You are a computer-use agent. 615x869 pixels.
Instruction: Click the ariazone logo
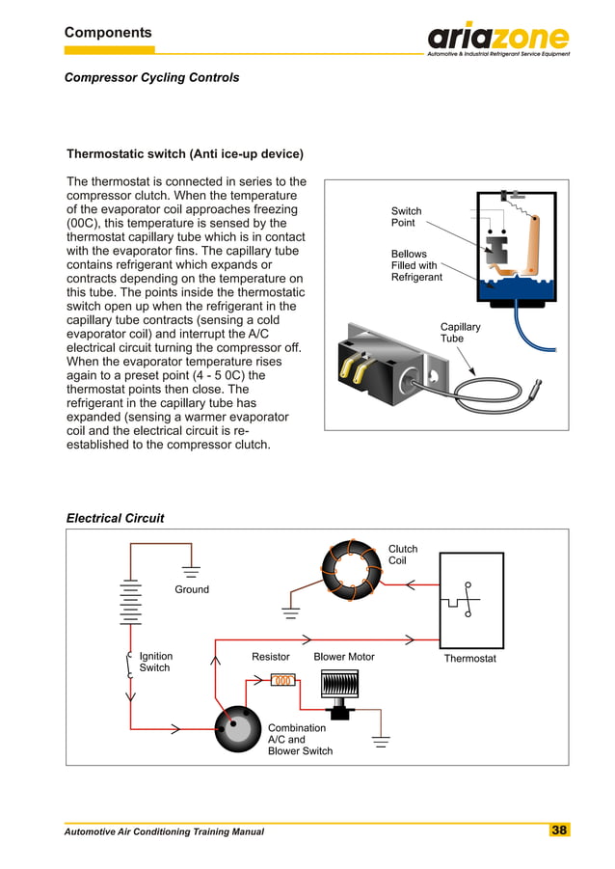pos(497,39)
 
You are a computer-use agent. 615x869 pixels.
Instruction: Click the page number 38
pos(559,830)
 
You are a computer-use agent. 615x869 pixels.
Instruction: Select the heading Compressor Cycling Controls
pos(151,77)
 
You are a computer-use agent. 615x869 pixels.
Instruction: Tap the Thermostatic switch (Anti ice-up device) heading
pos(184,154)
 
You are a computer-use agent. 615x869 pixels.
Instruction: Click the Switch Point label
pos(406,217)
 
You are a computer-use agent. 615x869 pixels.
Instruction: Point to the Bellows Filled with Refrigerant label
pos(416,265)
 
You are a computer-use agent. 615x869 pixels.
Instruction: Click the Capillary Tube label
pos(460,333)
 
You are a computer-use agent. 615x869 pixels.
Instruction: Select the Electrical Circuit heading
pos(115,518)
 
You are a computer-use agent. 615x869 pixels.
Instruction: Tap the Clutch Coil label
pos(403,555)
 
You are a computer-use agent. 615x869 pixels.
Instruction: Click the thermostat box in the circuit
pos(470,600)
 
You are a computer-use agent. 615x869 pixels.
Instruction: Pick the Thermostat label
pos(469,659)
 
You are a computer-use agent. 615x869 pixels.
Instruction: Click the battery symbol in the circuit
pos(130,603)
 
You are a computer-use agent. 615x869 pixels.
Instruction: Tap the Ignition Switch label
pos(154,662)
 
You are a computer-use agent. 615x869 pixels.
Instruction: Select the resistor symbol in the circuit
pos(282,680)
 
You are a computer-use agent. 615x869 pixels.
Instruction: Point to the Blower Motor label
pos(343,657)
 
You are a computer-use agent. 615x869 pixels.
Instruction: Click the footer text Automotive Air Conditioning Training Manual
pos(164,831)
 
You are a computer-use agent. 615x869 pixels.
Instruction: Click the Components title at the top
pos(108,33)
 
